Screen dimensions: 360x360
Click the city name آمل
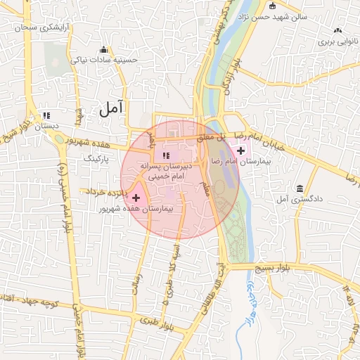(112, 108)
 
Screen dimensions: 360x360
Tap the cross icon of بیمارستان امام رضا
(241, 150)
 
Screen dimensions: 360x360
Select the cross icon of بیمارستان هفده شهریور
(136, 199)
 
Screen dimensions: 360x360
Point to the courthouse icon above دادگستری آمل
(300, 188)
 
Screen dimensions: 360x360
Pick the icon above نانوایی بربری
(338, 31)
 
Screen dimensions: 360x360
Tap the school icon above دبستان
(46, 115)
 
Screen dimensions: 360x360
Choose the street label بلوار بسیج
(281, 267)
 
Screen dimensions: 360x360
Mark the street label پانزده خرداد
(105, 191)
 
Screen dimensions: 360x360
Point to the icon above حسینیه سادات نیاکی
(104, 49)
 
